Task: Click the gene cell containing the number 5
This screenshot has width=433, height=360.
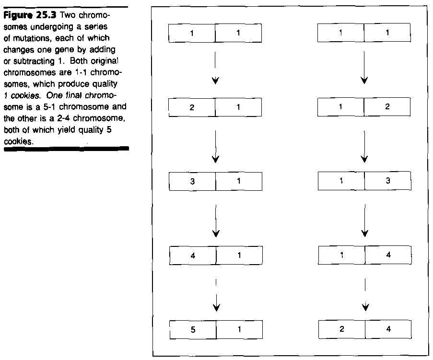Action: pyautogui.click(x=193, y=330)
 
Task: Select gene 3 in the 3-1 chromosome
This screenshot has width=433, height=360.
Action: pyautogui.click(x=193, y=181)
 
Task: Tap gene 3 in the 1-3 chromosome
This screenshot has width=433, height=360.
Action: pyautogui.click(x=387, y=181)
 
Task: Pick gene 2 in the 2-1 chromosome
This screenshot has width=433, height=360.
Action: pyautogui.click(x=192, y=107)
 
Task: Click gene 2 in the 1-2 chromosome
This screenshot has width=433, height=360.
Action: pyautogui.click(x=387, y=107)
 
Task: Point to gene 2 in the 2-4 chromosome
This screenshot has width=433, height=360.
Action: pyautogui.click(x=341, y=329)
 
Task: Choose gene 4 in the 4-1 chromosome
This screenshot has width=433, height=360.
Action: pyautogui.click(x=193, y=255)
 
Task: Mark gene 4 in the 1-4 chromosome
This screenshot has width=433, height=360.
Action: pyautogui.click(x=388, y=255)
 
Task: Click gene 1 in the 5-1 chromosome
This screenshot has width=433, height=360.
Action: pyautogui.click(x=239, y=330)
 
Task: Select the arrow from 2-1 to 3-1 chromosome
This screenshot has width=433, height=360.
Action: pyautogui.click(x=216, y=146)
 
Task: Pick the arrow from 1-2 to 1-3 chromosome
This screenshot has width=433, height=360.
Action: pyautogui.click(x=364, y=146)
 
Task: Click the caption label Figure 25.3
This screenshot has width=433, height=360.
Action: pyautogui.click(x=30, y=14)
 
